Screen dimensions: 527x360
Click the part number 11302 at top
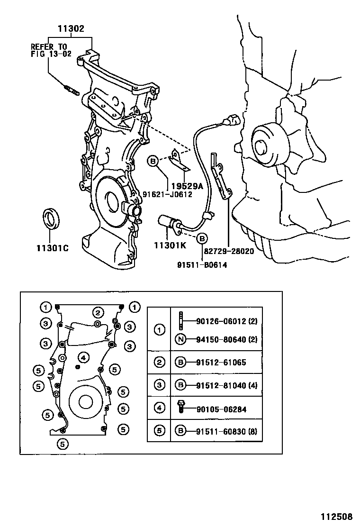pyautogui.click(x=71, y=29)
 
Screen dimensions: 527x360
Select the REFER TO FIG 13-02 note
pyautogui.click(x=49, y=50)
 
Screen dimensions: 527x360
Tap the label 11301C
pyautogui.click(x=52, y=248)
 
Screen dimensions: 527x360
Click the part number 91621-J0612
pyautogui.click(x=167, y=194)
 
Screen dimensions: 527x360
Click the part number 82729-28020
pyautogui.click(x=229, y=252)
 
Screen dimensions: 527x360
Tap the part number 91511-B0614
pyautogui.click(x=203, y=265)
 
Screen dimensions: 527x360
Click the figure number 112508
pyautogui.click(x=337, y=517)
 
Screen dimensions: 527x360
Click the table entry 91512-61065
pyautogui.click(x=221, y=363)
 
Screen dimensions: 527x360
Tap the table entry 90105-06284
pyautogui.click(x=221, y=409)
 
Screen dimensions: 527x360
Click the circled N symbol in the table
pyautogui.click(x=180, y=339)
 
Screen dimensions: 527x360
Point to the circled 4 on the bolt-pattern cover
pyautogui.click(x=83, y=357)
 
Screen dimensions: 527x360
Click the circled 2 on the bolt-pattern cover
pyautogui.click(x=98, y=312)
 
